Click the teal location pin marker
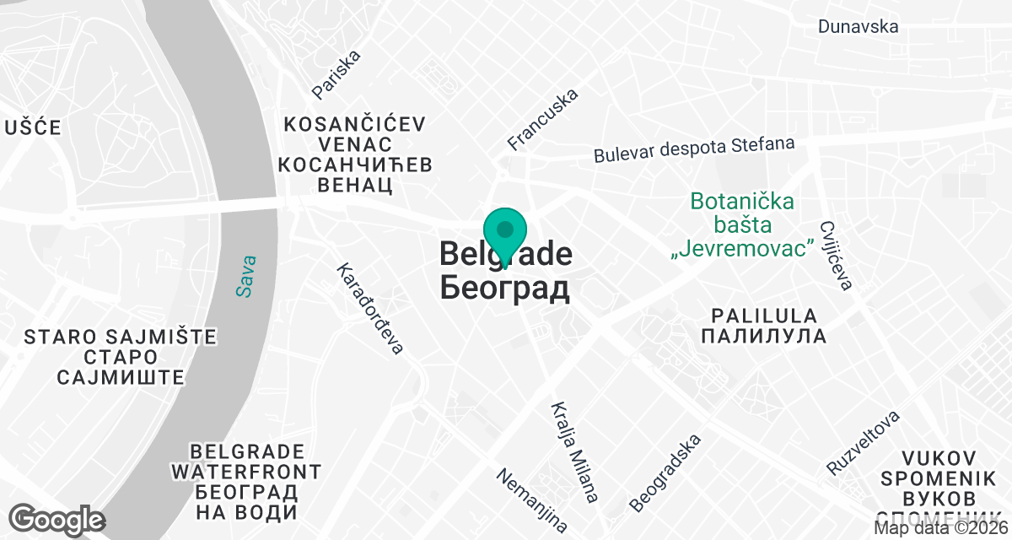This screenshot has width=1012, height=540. point(505,232)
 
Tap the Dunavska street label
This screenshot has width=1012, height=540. point(858,26)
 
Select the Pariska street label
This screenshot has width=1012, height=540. point(336,73)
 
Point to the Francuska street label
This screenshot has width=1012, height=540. point(543,119)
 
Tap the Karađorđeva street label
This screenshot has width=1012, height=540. point(371,308)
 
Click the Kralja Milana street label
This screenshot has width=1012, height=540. point(574,451)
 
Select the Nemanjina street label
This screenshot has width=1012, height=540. point(531,500)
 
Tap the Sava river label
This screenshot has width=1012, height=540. point(245,276)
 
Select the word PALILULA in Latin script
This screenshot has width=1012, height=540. point(764,316)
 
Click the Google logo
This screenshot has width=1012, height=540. point(57,519)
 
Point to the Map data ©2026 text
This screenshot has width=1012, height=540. point(941,528)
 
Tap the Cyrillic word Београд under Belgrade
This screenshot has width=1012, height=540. point(504,289)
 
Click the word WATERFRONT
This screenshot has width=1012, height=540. point(245,471)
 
